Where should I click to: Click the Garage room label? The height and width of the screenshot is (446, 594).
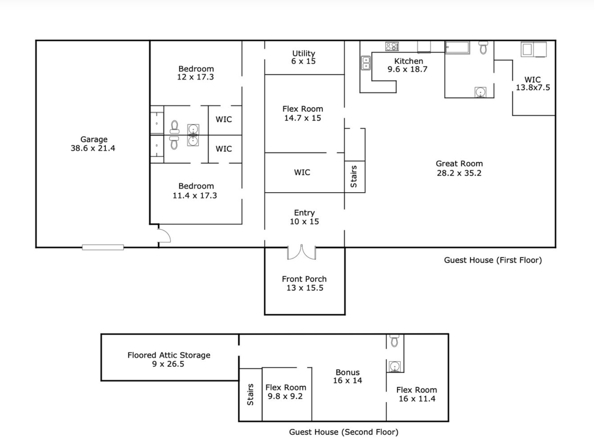coord(94,139)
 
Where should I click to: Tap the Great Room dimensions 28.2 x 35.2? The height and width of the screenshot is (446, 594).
coord(459,173)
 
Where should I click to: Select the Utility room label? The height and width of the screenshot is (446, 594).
coord(304,53)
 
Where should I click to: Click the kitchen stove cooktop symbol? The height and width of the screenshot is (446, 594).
coord(392,46)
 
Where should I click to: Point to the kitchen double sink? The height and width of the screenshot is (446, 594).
coord(366,63)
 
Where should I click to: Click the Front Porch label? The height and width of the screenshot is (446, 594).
coord(304,279)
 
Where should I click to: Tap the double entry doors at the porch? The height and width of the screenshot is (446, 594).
coord(301,253)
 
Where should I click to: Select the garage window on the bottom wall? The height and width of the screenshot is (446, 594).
coord(103,247)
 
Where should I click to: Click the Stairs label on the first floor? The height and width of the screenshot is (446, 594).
coord(354,177)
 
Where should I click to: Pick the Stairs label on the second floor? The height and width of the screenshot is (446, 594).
coord(250,395)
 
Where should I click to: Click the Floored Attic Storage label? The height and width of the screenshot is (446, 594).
coord(169,355)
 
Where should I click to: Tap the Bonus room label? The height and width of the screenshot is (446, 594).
coord(347,372)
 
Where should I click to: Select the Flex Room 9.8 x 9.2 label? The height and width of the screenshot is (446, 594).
coord(285,392)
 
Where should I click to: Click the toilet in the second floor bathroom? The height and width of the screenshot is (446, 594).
coord(394,340)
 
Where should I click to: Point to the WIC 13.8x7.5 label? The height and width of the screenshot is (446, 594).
coord(533,84)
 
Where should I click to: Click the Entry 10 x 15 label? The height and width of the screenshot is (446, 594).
coord(304,217)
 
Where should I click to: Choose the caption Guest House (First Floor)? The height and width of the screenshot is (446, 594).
coord(493,260)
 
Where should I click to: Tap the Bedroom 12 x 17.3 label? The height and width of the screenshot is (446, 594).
coord(196,73)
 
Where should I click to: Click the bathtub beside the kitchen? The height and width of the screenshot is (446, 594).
coord(457,47)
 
